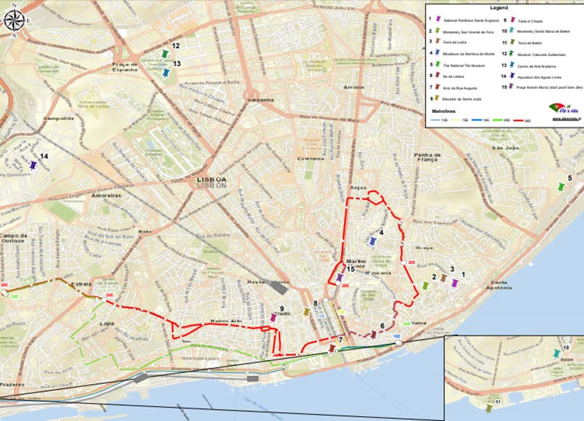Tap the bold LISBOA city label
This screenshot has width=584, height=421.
click(x=212, y=180)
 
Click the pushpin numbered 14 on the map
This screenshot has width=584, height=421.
click(x=33, y=166)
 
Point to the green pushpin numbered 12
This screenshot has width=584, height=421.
click(x=166, y=54)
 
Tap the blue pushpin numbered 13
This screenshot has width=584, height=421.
click(x=166, y=72)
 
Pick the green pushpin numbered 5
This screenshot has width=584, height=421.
click(x=560, y=187)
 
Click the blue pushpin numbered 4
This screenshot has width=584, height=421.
click(x=373, y=241)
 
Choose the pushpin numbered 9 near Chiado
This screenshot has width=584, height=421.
click(x=273, y=318)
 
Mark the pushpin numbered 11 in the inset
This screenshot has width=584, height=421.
click(x=489, y=408)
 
